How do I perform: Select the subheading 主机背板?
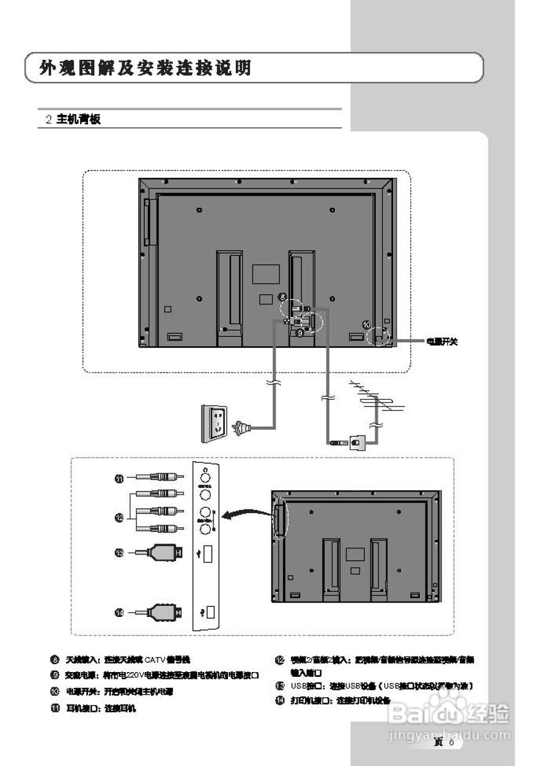[x=78, y=119]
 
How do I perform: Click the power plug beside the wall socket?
[x=242, y=427]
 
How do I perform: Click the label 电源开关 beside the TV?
[x=442, y=342]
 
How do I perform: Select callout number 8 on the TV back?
[x=282, y=296]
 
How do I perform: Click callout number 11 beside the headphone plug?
[x=119, y=478]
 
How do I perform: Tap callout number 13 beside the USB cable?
[x=119, y=554]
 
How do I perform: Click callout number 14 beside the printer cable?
[x=119, y=612]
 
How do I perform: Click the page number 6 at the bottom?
[x=452, y=743]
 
